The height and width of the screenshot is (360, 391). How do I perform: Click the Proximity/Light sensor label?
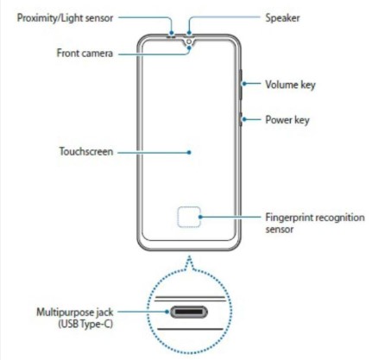[65, 18]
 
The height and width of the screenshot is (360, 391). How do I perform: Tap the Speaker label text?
[282, 18]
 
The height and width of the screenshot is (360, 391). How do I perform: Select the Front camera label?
[85, 54]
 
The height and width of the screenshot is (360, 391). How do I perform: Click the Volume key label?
[290, 85]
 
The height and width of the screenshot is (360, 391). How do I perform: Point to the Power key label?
[287, 120]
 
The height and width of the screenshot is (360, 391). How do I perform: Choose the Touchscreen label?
[86, 151]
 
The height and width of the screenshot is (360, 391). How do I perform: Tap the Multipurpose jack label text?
[75, 313]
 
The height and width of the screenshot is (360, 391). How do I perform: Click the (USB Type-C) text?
[85, 324]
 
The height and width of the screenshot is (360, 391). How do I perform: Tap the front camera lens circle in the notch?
[189, 42]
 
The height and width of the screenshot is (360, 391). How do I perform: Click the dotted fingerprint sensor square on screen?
[189, 217]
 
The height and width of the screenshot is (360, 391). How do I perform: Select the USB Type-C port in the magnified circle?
[189, 312]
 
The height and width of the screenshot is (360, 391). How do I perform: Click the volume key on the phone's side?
[241, 85]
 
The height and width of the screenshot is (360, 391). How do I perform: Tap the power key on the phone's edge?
[241, 119]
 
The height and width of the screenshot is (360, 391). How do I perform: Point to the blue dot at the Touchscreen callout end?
[189, 152]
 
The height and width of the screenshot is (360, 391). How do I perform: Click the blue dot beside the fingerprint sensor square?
[200, 217]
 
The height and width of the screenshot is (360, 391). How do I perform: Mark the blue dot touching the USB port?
[167, 312]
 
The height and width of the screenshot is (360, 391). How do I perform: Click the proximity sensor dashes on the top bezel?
[172, 36]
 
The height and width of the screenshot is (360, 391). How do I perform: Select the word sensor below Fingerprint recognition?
[280, 230]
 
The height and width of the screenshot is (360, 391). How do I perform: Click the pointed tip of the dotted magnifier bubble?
[189, 256]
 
